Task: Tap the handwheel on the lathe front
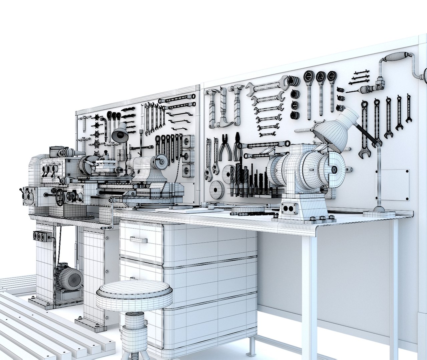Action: pos(60,197)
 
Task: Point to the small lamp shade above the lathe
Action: pos(119,133)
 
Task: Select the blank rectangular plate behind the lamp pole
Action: pos(394,185)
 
